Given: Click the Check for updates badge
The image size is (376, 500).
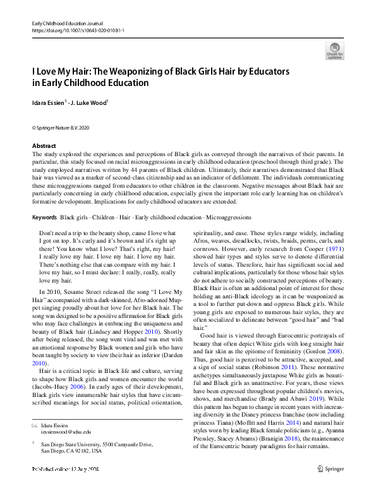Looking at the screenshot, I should [x=335, y=50].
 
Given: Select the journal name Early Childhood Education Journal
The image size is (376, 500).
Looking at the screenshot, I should [x=68, y=23].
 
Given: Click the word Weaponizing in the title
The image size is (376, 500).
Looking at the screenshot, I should [x=142, y=71].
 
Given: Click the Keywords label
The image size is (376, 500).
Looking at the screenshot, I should [x=44, y=217].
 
